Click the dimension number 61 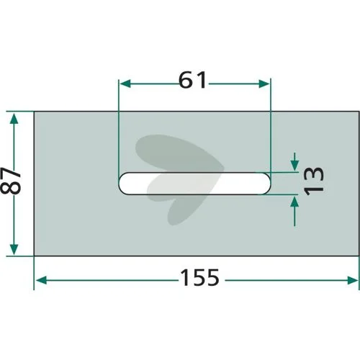[192, 80]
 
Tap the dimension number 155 [199, 277]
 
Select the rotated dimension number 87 [12, 181]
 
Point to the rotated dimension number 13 [314, 181]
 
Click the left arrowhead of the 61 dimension [125, 84]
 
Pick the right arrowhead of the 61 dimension [264, 84]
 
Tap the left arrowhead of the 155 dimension [41, 280]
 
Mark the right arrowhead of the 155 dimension [353, 280]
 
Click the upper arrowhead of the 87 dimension [14, 119]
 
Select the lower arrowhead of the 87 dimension [14, 249]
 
